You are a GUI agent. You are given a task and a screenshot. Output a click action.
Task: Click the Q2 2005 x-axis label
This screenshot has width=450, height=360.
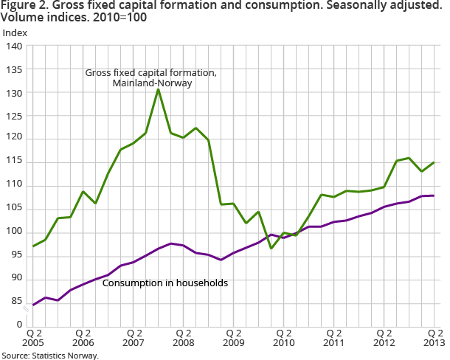pos(32,337)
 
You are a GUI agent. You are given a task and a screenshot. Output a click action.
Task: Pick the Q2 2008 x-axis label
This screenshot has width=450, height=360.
pos(183,337)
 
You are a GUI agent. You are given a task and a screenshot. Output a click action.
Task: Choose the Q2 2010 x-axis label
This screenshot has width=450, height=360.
pos(284,337)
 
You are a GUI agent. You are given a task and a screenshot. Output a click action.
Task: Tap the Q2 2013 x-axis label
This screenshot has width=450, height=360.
pos(435,337)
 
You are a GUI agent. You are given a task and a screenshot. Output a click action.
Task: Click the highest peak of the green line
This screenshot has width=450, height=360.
pos(159,89)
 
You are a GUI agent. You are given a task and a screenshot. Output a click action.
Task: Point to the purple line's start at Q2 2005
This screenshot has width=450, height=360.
pos(33,305)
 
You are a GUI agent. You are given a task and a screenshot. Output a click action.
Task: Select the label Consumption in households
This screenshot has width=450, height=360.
pos(165,283)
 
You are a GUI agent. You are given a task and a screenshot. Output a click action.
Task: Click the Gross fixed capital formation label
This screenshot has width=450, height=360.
pos(150,73)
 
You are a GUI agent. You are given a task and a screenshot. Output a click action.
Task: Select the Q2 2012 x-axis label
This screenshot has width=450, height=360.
pos(384,337)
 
